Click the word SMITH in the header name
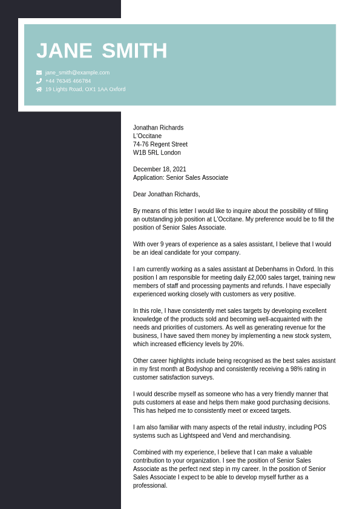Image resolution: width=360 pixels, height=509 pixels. [134, 51]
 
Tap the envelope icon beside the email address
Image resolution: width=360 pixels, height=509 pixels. [39, 73]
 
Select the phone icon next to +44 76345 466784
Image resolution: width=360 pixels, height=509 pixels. [39, 80]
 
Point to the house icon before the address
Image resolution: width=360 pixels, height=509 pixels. [39, 89]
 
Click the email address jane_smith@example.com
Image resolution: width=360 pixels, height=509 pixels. [77, 73]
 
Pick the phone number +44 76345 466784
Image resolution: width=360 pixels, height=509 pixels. [68, 80]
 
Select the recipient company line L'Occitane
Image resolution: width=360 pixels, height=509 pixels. [147, 136]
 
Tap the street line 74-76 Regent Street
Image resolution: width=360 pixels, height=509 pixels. [160, 145]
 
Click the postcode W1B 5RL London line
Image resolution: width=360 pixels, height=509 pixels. [157, 153]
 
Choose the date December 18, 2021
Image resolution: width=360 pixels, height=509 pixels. [160, 169]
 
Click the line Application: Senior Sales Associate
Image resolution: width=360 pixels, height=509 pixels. [180, 178]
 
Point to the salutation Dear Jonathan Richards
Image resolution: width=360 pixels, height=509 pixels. [166, 194]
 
